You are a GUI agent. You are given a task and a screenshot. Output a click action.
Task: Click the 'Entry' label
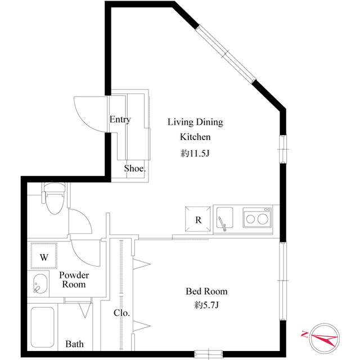coord(120,119)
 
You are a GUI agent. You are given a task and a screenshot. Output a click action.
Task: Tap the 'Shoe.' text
coord(136,168)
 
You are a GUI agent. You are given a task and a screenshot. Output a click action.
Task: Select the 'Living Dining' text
coord(195,121)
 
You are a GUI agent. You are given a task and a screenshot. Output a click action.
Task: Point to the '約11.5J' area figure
coord(195,152)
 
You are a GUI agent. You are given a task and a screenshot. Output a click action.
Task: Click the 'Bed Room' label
coord(206,291)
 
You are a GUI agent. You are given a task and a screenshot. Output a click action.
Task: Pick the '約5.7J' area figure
coord(206,306)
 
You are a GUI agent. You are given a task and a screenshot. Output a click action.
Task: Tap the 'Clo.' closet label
coord(122,313)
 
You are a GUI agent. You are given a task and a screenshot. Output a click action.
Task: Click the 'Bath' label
coord(75,344)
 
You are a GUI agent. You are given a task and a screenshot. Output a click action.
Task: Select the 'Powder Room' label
coord(74,280)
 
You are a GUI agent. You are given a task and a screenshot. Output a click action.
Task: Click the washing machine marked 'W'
coord(43,257)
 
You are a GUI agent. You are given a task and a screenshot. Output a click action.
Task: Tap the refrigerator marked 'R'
coord(198,220)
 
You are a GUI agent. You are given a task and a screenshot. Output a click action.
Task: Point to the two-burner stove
coord(256,218)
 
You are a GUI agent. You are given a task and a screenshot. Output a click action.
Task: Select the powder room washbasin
coord(39,285)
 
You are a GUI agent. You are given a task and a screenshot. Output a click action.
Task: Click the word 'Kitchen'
coord(195,137)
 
